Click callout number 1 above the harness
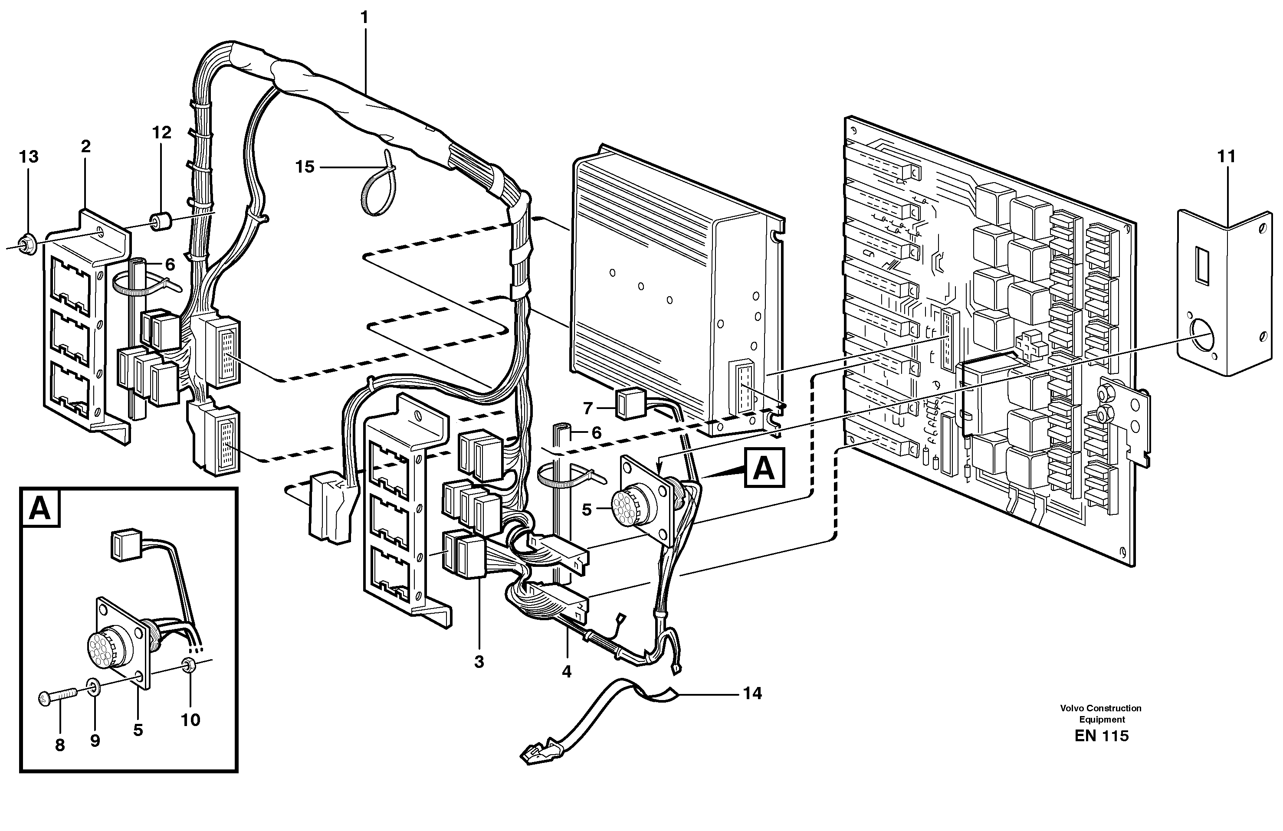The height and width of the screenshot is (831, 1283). click(364, 18)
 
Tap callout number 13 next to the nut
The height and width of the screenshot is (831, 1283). click(29, 157)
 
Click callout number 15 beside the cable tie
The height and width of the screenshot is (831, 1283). click(305, 167)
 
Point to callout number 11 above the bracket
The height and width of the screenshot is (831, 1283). click(1227, 157)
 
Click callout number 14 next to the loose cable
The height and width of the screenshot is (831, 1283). click(752, 694)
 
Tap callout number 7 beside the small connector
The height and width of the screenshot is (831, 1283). click(587, 409)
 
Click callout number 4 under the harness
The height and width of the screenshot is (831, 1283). click(566, 671)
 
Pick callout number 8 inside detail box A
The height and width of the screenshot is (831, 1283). click(60, 745)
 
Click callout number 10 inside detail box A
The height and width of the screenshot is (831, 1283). click(190, 720)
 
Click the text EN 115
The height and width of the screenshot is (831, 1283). click(1101, 736)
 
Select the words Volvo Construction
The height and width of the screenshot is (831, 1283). click(1100, 708)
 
